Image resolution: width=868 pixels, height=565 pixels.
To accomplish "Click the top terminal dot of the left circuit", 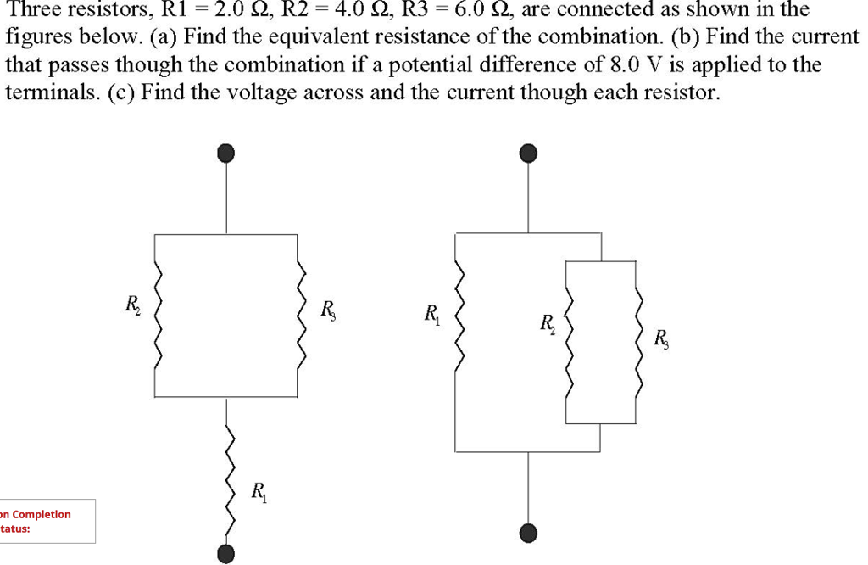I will (x=225, y=153).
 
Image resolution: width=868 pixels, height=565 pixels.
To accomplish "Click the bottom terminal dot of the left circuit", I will (x=225, y=554).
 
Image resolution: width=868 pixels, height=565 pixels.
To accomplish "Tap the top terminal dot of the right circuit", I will (x=528, y=153).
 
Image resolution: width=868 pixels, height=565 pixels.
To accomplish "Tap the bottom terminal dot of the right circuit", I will (x=528, y=533).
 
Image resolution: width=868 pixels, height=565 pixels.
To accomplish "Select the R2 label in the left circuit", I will (x=134, y=305).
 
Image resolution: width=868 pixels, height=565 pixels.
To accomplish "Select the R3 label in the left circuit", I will (x=328, y=309).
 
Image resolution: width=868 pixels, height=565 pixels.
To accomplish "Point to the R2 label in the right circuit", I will (x=548, y=323).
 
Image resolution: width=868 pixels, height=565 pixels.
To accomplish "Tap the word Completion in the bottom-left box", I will (x=40, y=514).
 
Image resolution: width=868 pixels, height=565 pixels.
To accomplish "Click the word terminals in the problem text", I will (x=47, y=92).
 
